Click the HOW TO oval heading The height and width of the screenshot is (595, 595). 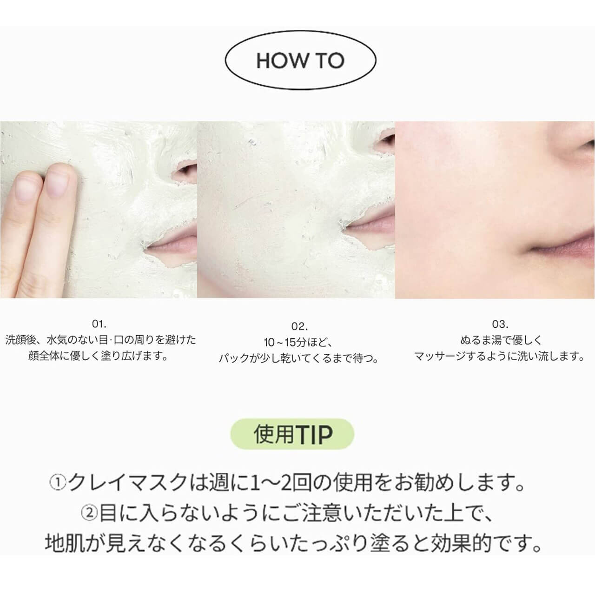[x=300, y=61]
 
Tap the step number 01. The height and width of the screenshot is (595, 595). [x=99, y=324]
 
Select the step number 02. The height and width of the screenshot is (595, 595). [x=299, y=327]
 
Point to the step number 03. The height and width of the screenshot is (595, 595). [x=500, y=324]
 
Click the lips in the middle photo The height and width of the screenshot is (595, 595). [x=372, y=223]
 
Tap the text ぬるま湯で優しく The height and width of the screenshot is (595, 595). [x=500, y=340]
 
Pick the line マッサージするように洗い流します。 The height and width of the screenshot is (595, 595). [x=500, y=357]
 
